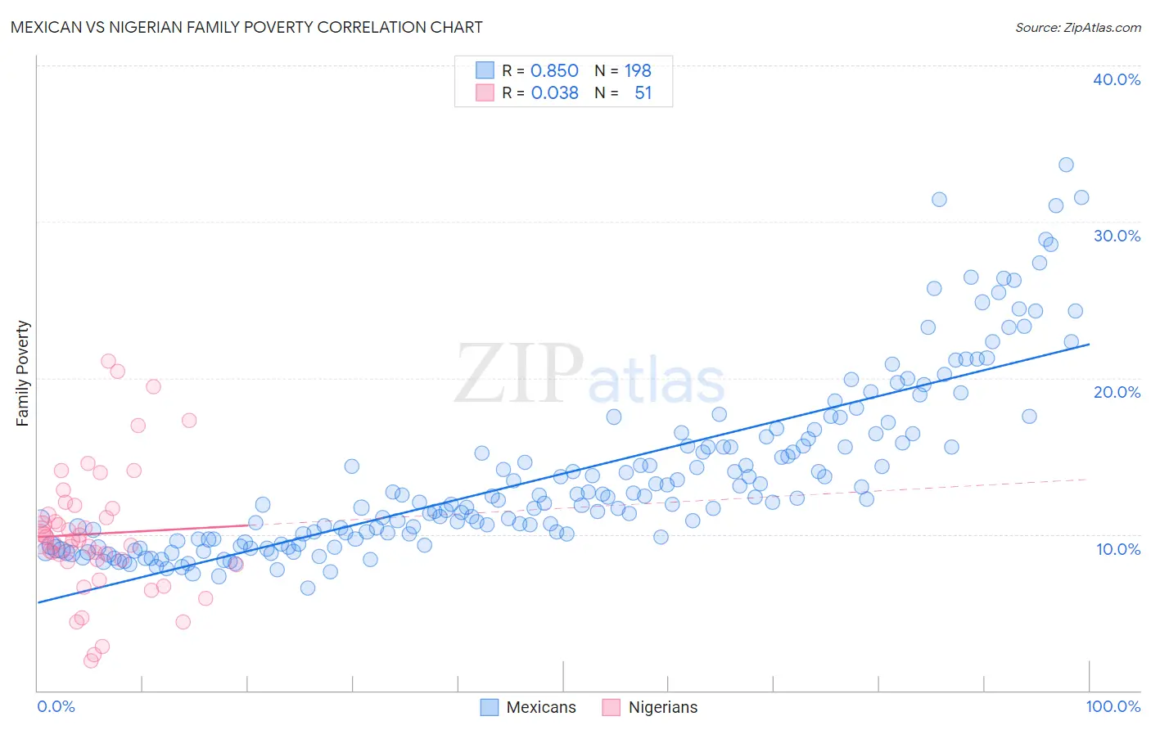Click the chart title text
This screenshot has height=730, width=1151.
(x=246, y=27)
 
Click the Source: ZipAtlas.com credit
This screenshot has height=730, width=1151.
(x=1077, y=27)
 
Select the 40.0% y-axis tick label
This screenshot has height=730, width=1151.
(x=1116, y=79)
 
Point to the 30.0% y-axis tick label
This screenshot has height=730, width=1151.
(x=1116, y=236)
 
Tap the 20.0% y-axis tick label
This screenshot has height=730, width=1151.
(x=1116, y=392)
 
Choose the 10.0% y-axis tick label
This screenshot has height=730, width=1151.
(x=1117, y=549)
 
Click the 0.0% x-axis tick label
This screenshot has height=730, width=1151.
(x=56, y=706)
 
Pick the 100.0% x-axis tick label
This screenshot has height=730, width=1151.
(x=1113, y=706)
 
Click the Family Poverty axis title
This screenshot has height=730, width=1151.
(x=23, y=373)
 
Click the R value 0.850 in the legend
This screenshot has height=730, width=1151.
(x=554, y=71)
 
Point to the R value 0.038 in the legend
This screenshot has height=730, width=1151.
(x=554, y=93)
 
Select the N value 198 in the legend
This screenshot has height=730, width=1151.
(x=638, y=71)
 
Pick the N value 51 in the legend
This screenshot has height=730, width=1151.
(x=643, y=93)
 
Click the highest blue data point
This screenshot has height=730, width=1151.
(x=1066, y=164)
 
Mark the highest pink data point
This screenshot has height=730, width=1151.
(x=108, y=361)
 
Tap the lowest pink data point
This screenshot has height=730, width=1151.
(x=91, y=660)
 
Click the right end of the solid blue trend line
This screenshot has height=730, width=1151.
(x=1089, y=345)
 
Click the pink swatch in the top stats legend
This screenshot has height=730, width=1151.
(x=485, y=92)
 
